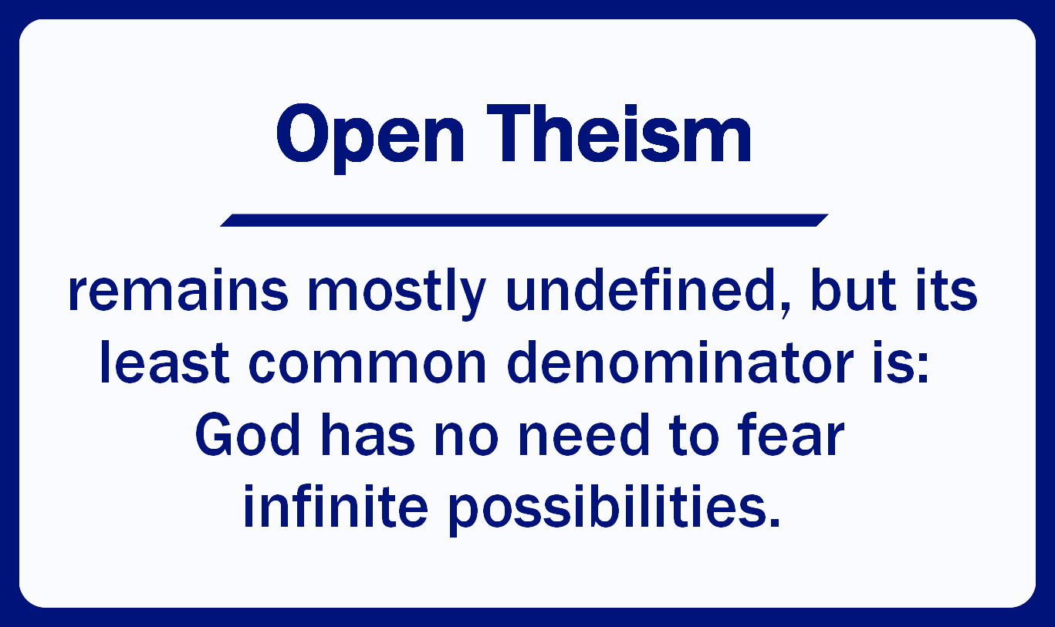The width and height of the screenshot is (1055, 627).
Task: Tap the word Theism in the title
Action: click(x=619, y=133)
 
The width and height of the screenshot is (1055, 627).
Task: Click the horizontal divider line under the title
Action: click(x=524, y=221)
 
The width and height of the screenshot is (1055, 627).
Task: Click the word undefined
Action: click(x=641, y=290)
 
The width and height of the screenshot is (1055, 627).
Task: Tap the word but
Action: click(x=854, y=290)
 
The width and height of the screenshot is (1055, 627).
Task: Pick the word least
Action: click(x=164, y=362)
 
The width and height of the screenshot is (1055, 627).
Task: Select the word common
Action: click(x=367, y=367)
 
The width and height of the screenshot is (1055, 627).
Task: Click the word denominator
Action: click(x=681, y=362)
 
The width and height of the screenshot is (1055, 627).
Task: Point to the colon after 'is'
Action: click(x=923, y=368)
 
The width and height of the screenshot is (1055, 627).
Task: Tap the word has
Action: click(x=368, y=434)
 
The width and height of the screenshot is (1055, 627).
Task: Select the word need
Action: click(x=584, y=434)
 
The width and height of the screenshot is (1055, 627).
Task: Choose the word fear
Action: click(x=791, y=434)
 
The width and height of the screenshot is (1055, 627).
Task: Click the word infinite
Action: click(x=336, y=507)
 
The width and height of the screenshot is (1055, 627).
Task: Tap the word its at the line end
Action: click(x=947, y=290)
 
